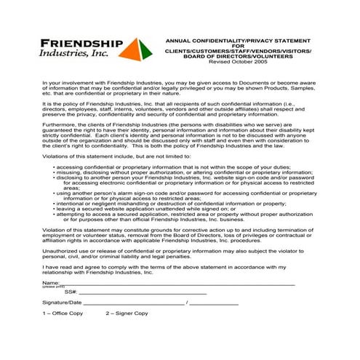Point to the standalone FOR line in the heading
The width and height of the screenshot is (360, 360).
tap(239, 46)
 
